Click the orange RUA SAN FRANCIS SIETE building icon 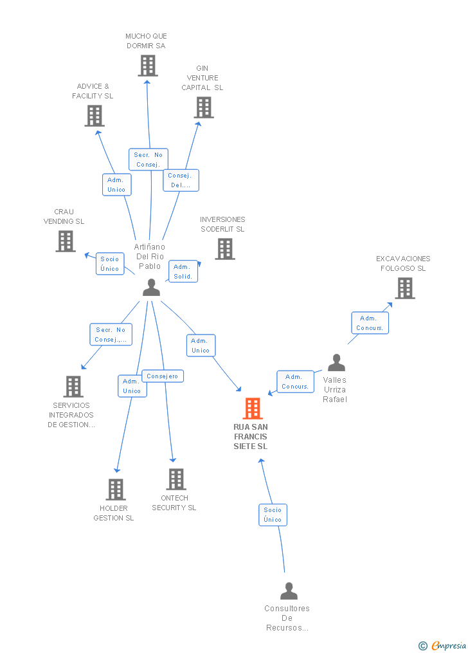point(253,409)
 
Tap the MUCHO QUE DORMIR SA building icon point(148,66)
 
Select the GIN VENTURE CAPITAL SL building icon point(204,107)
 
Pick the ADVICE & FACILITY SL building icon point(94,116)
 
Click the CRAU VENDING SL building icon point(66,241)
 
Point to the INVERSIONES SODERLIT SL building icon point(224,249)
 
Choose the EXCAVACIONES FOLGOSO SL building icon point(405,288)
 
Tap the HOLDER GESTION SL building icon point(116,490)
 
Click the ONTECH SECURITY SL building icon point(176,479)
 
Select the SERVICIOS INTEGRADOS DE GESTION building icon point(73,387)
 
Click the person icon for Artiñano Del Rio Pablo point(151,288)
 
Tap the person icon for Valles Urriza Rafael point(336,363)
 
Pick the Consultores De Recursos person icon point(289,591)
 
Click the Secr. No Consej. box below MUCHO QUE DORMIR point(148,160)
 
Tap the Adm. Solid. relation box point(183,271)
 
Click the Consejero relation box point(163,376)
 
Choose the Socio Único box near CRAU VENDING point(110,264)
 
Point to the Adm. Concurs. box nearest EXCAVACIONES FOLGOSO point(370,323)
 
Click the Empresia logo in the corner point(443,645)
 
